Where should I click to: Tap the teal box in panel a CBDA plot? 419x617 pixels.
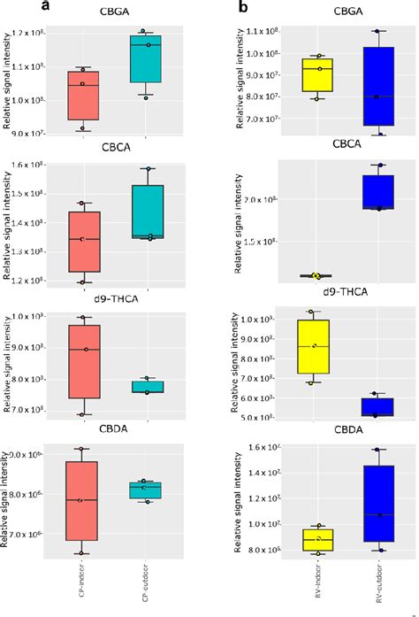tap(147, 490)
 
